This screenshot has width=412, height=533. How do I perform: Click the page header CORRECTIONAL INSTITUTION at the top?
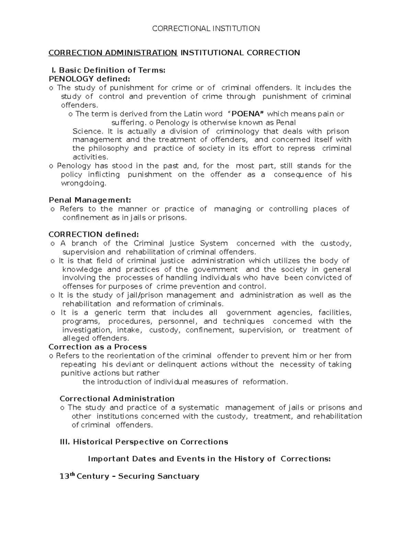[206, 28]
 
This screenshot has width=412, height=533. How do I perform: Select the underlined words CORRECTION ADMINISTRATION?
[113, 53]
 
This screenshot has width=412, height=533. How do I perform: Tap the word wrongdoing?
[83, 183]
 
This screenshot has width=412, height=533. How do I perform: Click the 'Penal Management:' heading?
[90, 200]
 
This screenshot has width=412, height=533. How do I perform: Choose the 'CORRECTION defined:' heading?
[94, 234]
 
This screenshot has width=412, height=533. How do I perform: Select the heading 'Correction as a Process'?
[98, 347]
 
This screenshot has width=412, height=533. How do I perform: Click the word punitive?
[73, 373]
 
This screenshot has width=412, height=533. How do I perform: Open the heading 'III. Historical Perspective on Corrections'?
[144, 442]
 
